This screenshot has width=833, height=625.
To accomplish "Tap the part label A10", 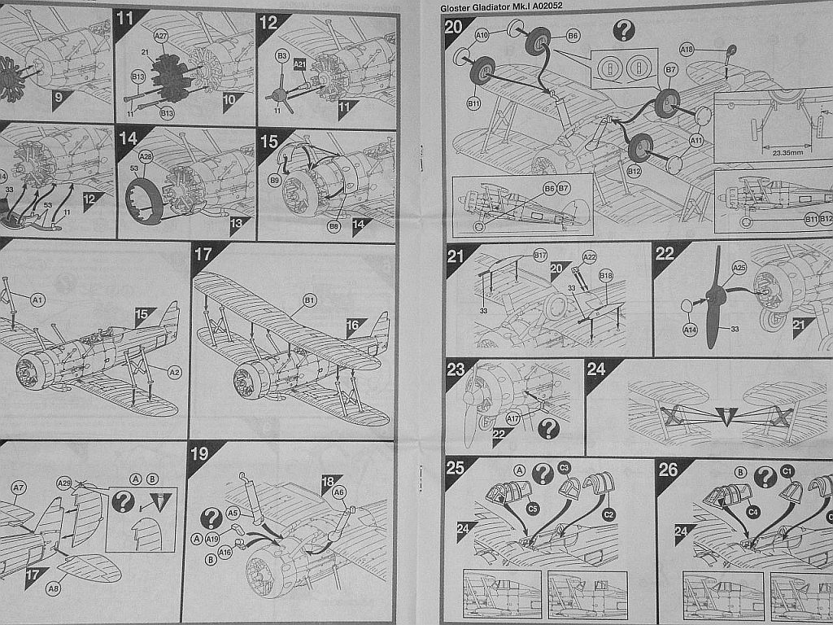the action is [x=482, y=35].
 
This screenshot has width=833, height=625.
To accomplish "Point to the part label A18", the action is [x=687, y=50].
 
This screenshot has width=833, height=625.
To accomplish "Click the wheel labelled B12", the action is [x=640, y=147].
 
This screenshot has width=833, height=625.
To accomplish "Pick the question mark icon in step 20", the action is [x=623, y=30].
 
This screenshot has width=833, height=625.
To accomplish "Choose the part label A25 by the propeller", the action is [x=739, y=267].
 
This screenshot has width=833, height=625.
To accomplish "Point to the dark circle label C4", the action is [x=752, y=513].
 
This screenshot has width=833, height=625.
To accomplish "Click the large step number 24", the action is [x=596, y=369].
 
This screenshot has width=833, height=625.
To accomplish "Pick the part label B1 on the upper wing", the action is [x=309, y=301].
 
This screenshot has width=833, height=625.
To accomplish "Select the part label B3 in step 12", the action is [x=282, y=55].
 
